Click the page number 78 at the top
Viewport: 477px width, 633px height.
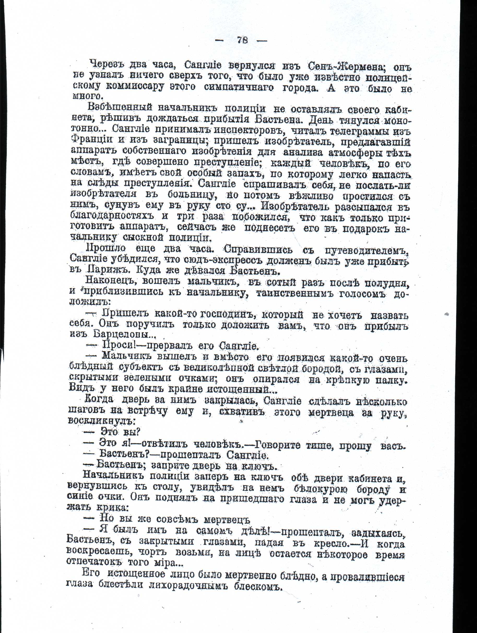(242, 40)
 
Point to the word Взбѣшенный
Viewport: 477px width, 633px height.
(119, 108)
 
